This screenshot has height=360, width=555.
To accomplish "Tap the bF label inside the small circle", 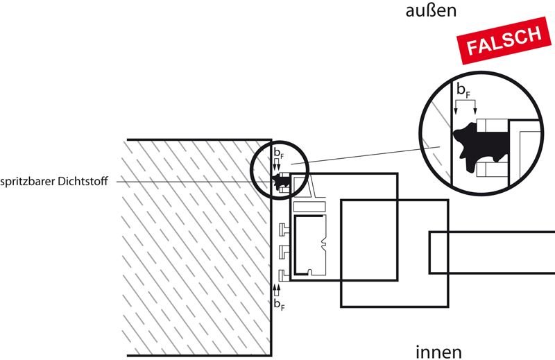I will click(277, 152).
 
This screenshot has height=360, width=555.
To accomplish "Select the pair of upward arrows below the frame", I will click(277, 287).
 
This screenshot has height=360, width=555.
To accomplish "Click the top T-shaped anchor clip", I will click(284, 229).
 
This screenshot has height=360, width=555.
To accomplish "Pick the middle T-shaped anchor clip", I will click(284, 250).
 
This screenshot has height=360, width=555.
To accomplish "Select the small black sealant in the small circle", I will click(280, 182).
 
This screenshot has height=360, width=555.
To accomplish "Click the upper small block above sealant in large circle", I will click(495, 126).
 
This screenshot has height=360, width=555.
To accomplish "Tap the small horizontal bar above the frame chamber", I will click(309, 207).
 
